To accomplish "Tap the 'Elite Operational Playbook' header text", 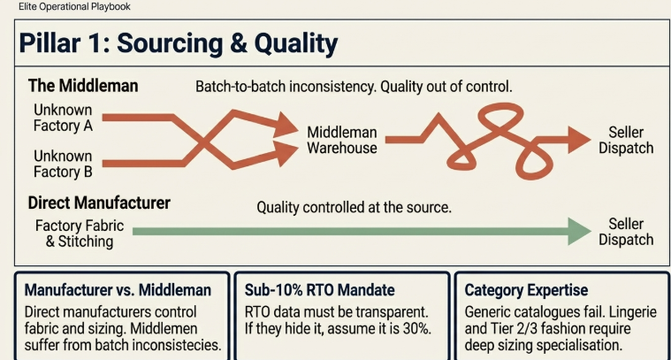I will coord(74,6).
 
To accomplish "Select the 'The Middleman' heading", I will coord(83,87).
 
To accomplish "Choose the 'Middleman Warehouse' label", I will coord(341,140).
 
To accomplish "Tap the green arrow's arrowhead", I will coord(579,231).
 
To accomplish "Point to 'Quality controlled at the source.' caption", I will coord(354,208).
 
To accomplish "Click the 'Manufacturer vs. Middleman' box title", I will coord(118,290).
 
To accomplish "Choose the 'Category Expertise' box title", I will coord(526,290).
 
